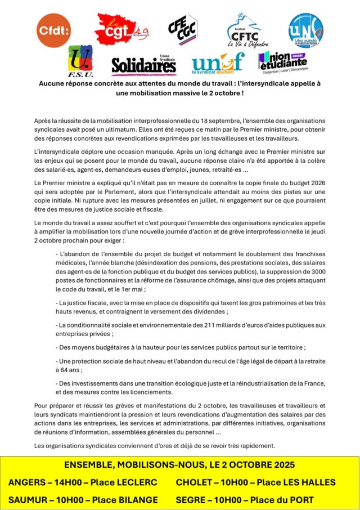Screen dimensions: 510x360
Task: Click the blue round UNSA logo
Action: (x=306, y=30)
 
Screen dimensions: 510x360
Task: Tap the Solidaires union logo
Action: (x=143, y=65)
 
